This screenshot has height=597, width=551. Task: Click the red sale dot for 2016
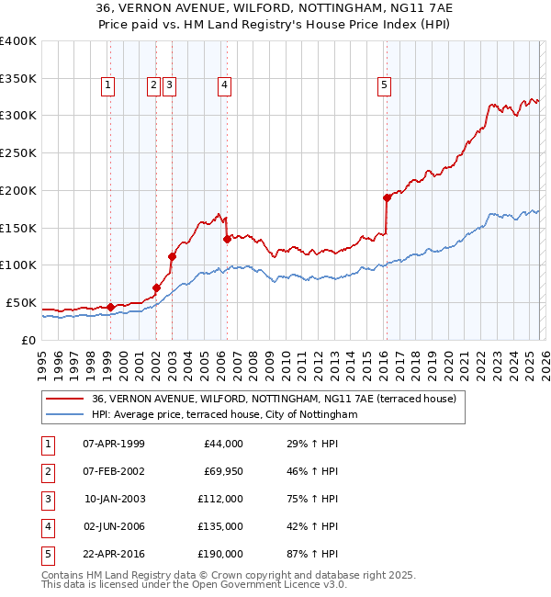point(388,197)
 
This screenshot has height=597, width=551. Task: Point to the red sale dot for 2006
point(227,239)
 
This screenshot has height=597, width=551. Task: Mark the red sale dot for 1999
point(110,307)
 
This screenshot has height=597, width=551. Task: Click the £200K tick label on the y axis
point(17,190)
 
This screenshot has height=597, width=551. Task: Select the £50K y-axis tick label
point(20,302)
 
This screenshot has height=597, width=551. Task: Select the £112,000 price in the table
point(220,499)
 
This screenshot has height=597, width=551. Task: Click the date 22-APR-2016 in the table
point(114,554)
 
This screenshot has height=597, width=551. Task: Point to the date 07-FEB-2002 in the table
point(114,471)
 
